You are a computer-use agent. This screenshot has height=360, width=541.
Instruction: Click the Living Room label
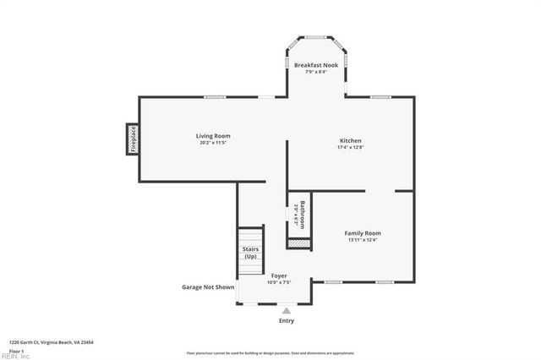pos(213,136)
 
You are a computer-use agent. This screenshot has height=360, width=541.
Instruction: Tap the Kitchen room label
pos(351,140)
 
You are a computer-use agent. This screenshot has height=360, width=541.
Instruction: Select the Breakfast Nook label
pos(315,65)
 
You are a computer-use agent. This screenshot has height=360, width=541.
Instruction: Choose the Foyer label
pos(279,275)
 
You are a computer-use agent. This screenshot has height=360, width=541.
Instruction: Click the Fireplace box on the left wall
pos(133,139)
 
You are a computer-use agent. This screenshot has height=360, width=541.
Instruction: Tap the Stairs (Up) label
pos(250,252)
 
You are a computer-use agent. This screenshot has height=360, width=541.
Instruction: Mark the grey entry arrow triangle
pos(286,311)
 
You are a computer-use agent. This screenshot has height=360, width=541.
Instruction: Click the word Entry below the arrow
pos(287,321)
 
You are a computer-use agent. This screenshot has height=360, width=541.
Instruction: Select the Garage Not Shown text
pos(208,287)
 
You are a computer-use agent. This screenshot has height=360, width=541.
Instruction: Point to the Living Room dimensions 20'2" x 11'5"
pos(213,143)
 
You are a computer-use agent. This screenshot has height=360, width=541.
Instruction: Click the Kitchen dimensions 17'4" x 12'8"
pos(351,147)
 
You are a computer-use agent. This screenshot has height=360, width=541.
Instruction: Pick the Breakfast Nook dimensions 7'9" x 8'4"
pos(315,72)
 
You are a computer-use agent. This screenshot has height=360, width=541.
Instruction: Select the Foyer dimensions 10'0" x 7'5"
pos(279,282)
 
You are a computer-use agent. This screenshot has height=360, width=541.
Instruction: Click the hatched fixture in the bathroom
pos(299,243)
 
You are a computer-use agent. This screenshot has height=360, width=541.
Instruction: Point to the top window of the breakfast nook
pos(315,36)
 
